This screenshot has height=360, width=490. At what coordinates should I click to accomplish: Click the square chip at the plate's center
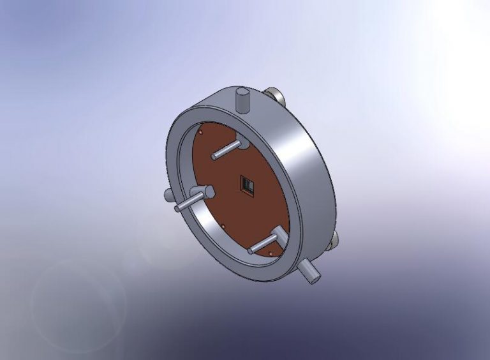point(247,185)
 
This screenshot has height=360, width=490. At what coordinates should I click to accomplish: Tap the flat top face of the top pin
point(243,94)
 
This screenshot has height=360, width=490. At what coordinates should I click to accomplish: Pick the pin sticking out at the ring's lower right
point(309,271)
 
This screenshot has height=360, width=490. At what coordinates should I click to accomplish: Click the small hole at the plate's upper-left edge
point(200,133)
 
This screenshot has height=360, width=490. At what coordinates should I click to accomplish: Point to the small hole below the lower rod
point(271,254)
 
